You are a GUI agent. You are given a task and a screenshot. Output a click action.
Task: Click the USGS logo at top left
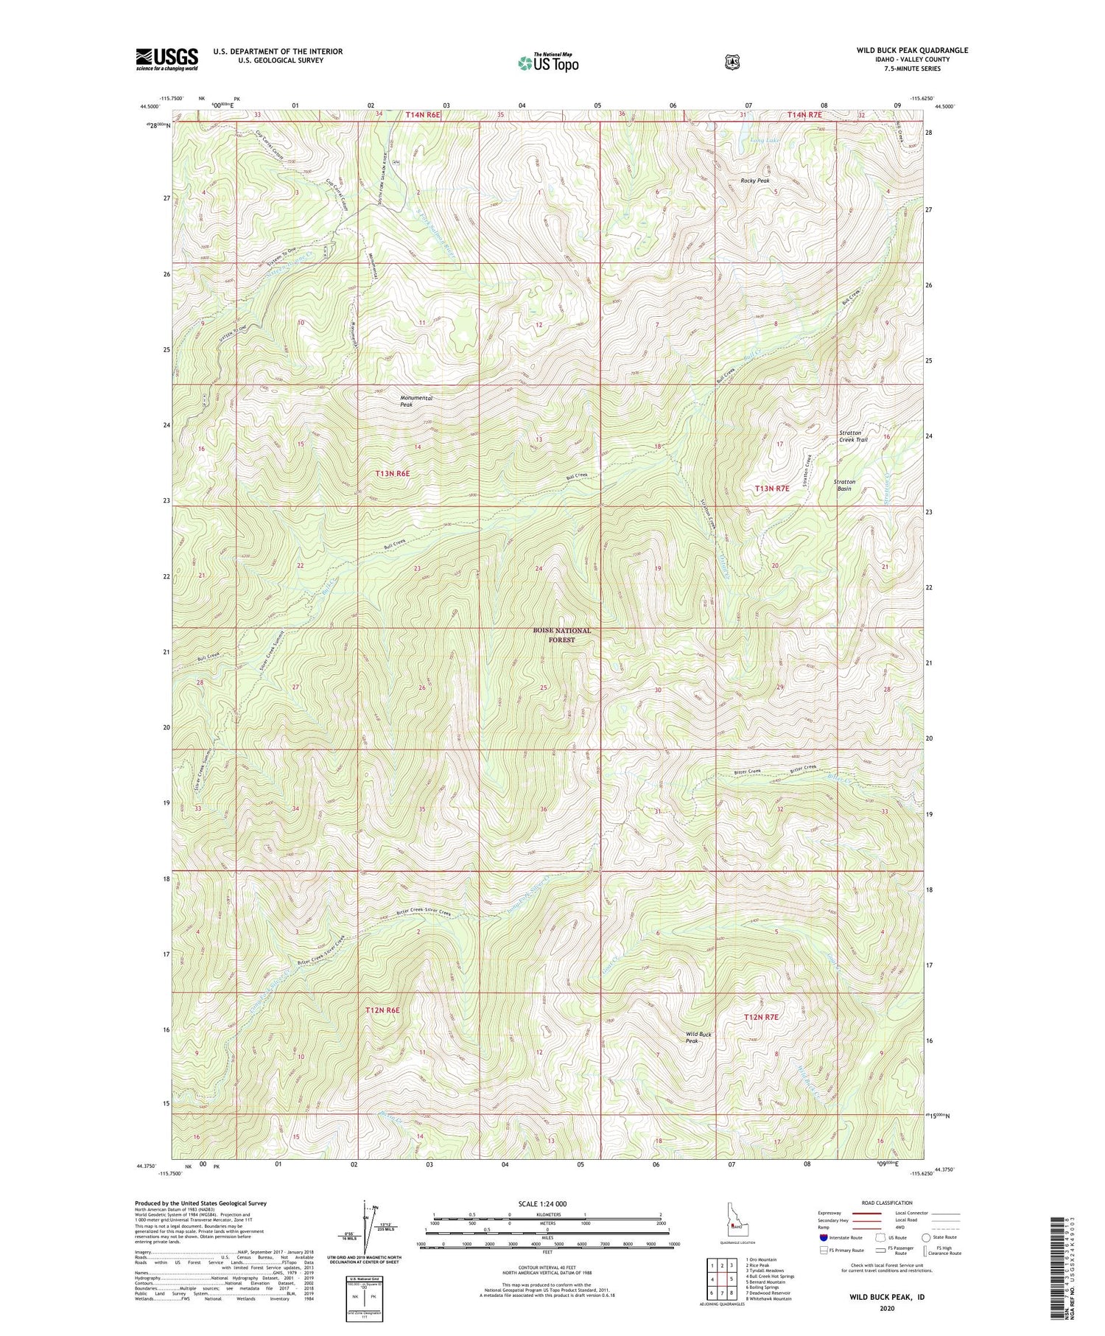point(166,59)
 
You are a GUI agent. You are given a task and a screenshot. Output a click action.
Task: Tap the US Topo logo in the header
point(548,63)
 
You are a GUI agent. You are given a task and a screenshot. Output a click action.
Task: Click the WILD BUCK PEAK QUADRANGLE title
point(911,50)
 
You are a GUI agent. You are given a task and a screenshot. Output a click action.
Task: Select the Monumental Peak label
point(416,401)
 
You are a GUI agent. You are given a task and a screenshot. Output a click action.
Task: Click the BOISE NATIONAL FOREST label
point(562,635)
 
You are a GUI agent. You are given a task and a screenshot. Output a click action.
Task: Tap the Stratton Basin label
point(843,485)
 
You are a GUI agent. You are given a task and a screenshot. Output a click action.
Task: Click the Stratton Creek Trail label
point(853,436)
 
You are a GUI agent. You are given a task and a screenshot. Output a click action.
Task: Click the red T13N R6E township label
point(392,473)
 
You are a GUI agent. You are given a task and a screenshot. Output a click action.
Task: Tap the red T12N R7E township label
point(761,1017)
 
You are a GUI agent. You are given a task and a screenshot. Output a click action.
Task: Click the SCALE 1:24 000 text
point(547,1203)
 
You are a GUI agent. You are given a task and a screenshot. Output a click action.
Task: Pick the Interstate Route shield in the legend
point(824,1237)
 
